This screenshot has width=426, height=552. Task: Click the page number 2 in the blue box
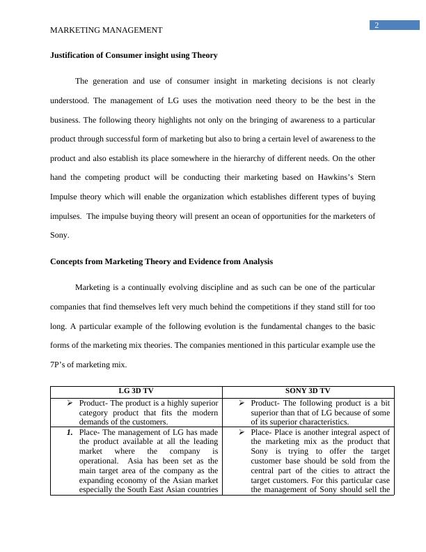coord(377,26)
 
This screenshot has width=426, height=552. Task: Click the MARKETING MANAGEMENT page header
coord(106,30)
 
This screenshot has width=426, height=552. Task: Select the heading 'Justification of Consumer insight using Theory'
coord(134,55)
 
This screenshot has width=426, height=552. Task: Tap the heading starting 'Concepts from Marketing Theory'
coord(161,261)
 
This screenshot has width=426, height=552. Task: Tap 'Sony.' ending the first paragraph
coord(60,236)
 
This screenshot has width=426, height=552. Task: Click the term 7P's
coord(61,365)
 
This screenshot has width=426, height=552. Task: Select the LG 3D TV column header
coord(136,391)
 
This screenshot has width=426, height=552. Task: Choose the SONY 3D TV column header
coord(308,391)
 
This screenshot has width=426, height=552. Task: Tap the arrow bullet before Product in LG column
coord(70,403)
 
